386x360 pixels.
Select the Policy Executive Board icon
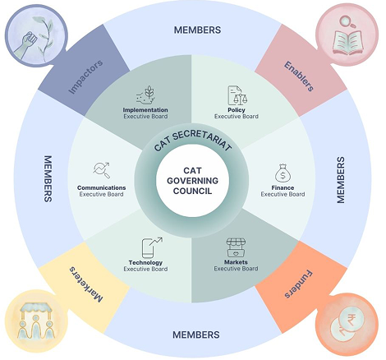(x=237, y=94)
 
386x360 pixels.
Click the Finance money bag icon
(x=283, y=173)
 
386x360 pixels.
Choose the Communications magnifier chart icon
(x=103, y=170)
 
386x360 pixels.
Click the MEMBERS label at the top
(x=197, y=30)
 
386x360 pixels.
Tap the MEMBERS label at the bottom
(x=197, y=335)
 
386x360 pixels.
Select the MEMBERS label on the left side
(x=48, y=178)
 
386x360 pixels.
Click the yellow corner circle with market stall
(x=33, y=322)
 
